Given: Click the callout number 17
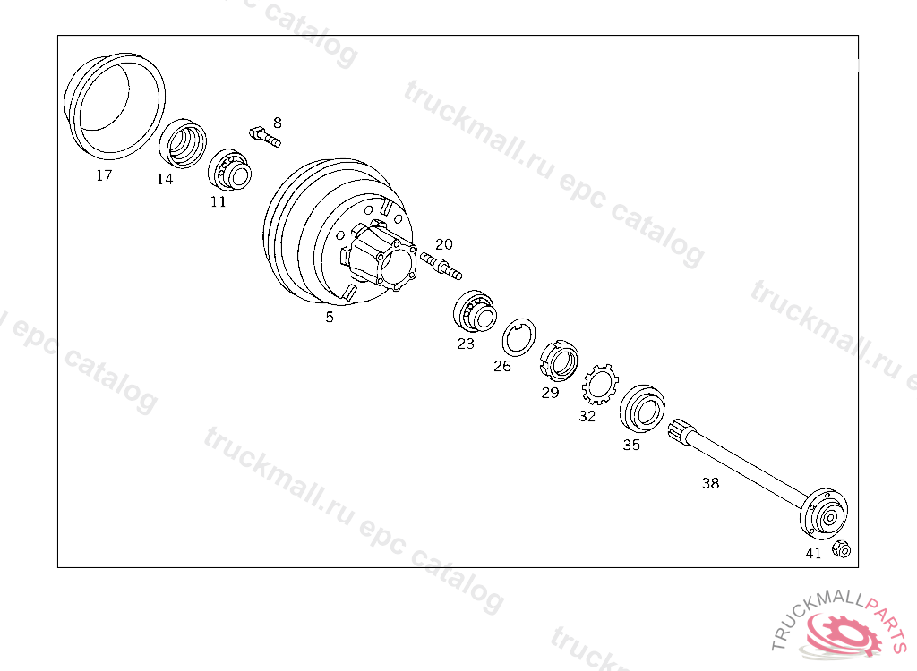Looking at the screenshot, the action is pos(104,175).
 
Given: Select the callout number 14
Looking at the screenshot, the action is pos(165,179).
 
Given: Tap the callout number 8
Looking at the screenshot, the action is pos(278,123).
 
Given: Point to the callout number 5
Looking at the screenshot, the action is pos(330,317).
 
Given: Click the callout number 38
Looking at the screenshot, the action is pos(710,483).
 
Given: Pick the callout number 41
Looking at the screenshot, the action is pos(813,553).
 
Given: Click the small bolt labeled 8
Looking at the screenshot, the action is pos(265,136).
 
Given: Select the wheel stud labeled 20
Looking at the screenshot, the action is pos(441,266).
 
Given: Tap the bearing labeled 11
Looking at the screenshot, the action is pos(230,169).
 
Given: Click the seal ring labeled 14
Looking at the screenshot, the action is pos(183,143).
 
